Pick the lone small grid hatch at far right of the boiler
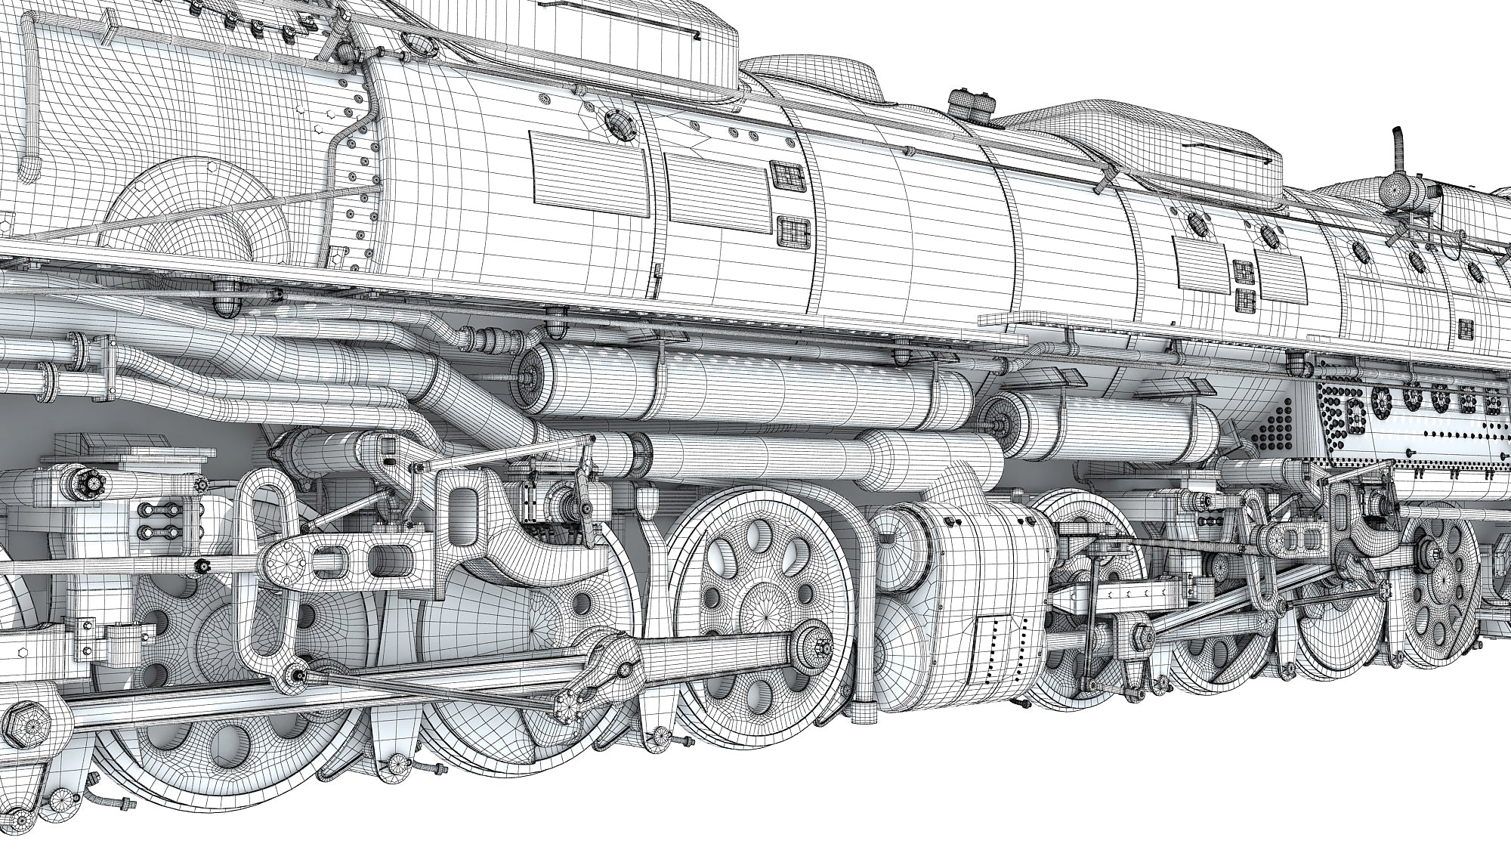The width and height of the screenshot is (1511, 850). point(1466,328)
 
